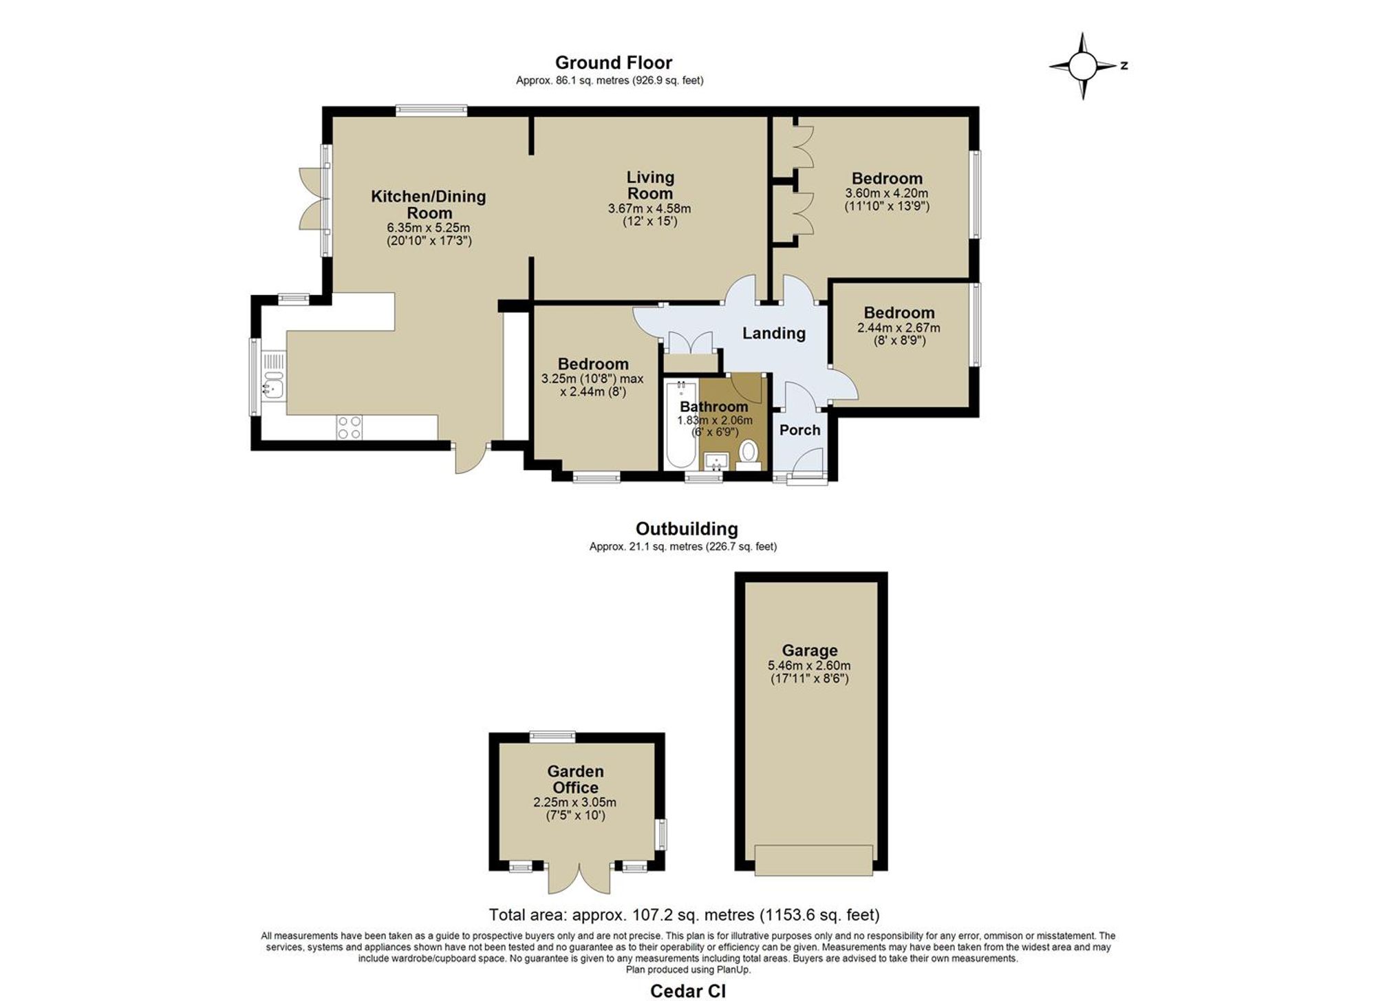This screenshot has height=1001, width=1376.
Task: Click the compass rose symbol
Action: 1083,66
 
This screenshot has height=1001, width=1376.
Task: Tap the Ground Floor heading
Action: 613,63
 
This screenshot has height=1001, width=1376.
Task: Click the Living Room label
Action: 650,185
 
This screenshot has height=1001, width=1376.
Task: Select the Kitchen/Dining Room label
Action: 429,204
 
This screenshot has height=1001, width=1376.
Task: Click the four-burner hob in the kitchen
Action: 350,427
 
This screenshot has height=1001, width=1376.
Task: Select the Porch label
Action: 799,430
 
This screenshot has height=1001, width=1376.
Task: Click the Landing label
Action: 773,333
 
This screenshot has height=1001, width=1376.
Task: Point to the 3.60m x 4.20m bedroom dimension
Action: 886,193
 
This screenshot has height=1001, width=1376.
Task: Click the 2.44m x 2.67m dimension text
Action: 899,328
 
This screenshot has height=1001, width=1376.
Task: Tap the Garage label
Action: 809,650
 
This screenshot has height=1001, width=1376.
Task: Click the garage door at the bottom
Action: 814,860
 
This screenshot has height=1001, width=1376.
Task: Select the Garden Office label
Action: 575,779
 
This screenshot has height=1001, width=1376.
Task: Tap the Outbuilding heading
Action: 687,528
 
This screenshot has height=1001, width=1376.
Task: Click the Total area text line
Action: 684,915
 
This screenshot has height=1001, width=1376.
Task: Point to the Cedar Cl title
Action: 688,991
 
